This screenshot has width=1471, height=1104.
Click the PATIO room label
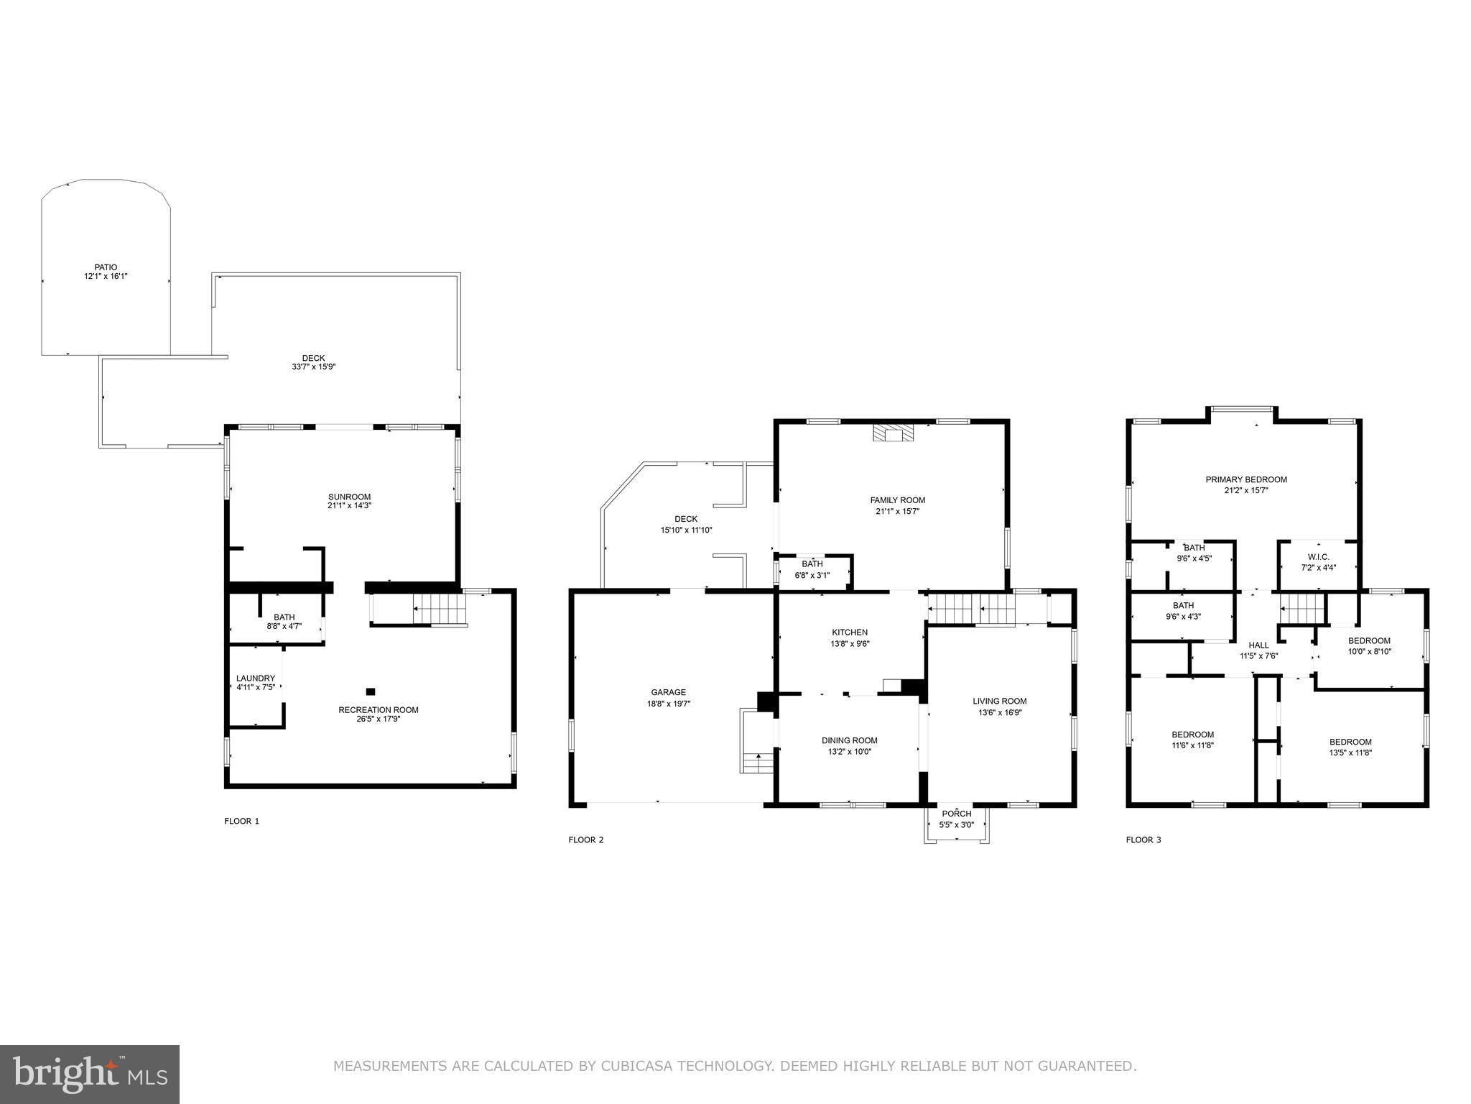(106, 267)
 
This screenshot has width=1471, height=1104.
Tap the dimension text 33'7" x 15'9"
(309, 367)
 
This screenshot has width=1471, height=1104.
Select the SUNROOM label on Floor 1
(349, 497)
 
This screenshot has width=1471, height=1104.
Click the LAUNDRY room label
(256, 678)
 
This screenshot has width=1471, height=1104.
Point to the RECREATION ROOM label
(378, 709)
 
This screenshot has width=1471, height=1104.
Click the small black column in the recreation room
(371, 691)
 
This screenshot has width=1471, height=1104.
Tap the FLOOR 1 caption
(241, 821)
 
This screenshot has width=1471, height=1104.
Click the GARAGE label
(668, 692)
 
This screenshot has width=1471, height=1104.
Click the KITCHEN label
(850, 632)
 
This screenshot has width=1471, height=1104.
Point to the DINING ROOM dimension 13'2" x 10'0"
(850, 752)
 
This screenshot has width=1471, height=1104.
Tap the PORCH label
(957, 814)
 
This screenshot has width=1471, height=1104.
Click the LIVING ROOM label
(1000, 701)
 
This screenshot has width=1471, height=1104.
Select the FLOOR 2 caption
(586, 839)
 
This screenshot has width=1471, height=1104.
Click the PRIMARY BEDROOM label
(1246, 479)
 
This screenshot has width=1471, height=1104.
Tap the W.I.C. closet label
(1319, 556)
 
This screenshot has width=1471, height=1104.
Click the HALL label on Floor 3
(1258, 645)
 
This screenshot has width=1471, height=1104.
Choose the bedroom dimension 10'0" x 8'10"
(1369, 652)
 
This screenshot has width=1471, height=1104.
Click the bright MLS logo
(90, 1074)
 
